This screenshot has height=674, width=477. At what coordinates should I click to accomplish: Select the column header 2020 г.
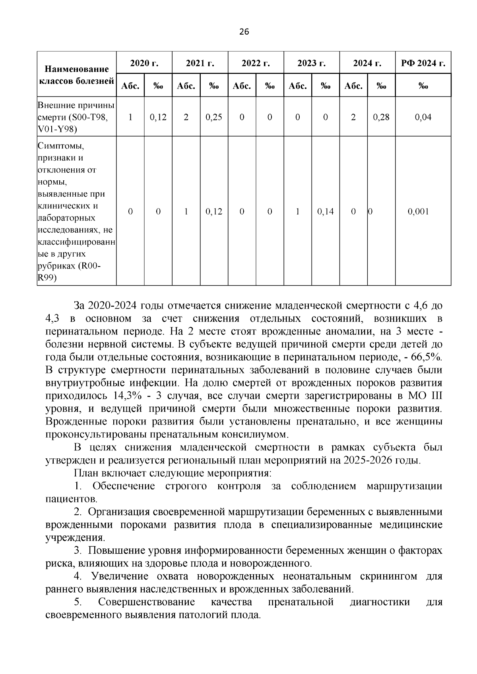pyautogui.click(x=144, y=63)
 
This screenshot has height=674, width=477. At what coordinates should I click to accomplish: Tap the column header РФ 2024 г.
pyautogui.click(x=423, y=63)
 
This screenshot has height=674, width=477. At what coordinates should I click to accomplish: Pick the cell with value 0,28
pyautogui.click(x=381, y=117)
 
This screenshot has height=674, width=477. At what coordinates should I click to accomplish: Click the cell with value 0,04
pyautogui.click(x=423, y=117)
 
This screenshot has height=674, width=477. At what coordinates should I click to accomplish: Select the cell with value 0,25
pyautogui.click(x=214, y=117)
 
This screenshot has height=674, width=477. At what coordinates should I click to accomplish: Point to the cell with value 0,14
pyautogui.click(x=326, y=212)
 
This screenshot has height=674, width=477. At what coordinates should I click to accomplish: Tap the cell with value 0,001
pyautogui.click(x=419, y=212)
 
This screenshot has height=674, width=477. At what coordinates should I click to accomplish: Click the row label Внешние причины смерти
pyautogui.click(x=76, y=112)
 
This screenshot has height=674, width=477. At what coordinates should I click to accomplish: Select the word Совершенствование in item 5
pyautogui.click(x=146, y=602)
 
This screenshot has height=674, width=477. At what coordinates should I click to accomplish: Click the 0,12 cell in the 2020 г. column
pyautogui.click(x=158, y=117)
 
